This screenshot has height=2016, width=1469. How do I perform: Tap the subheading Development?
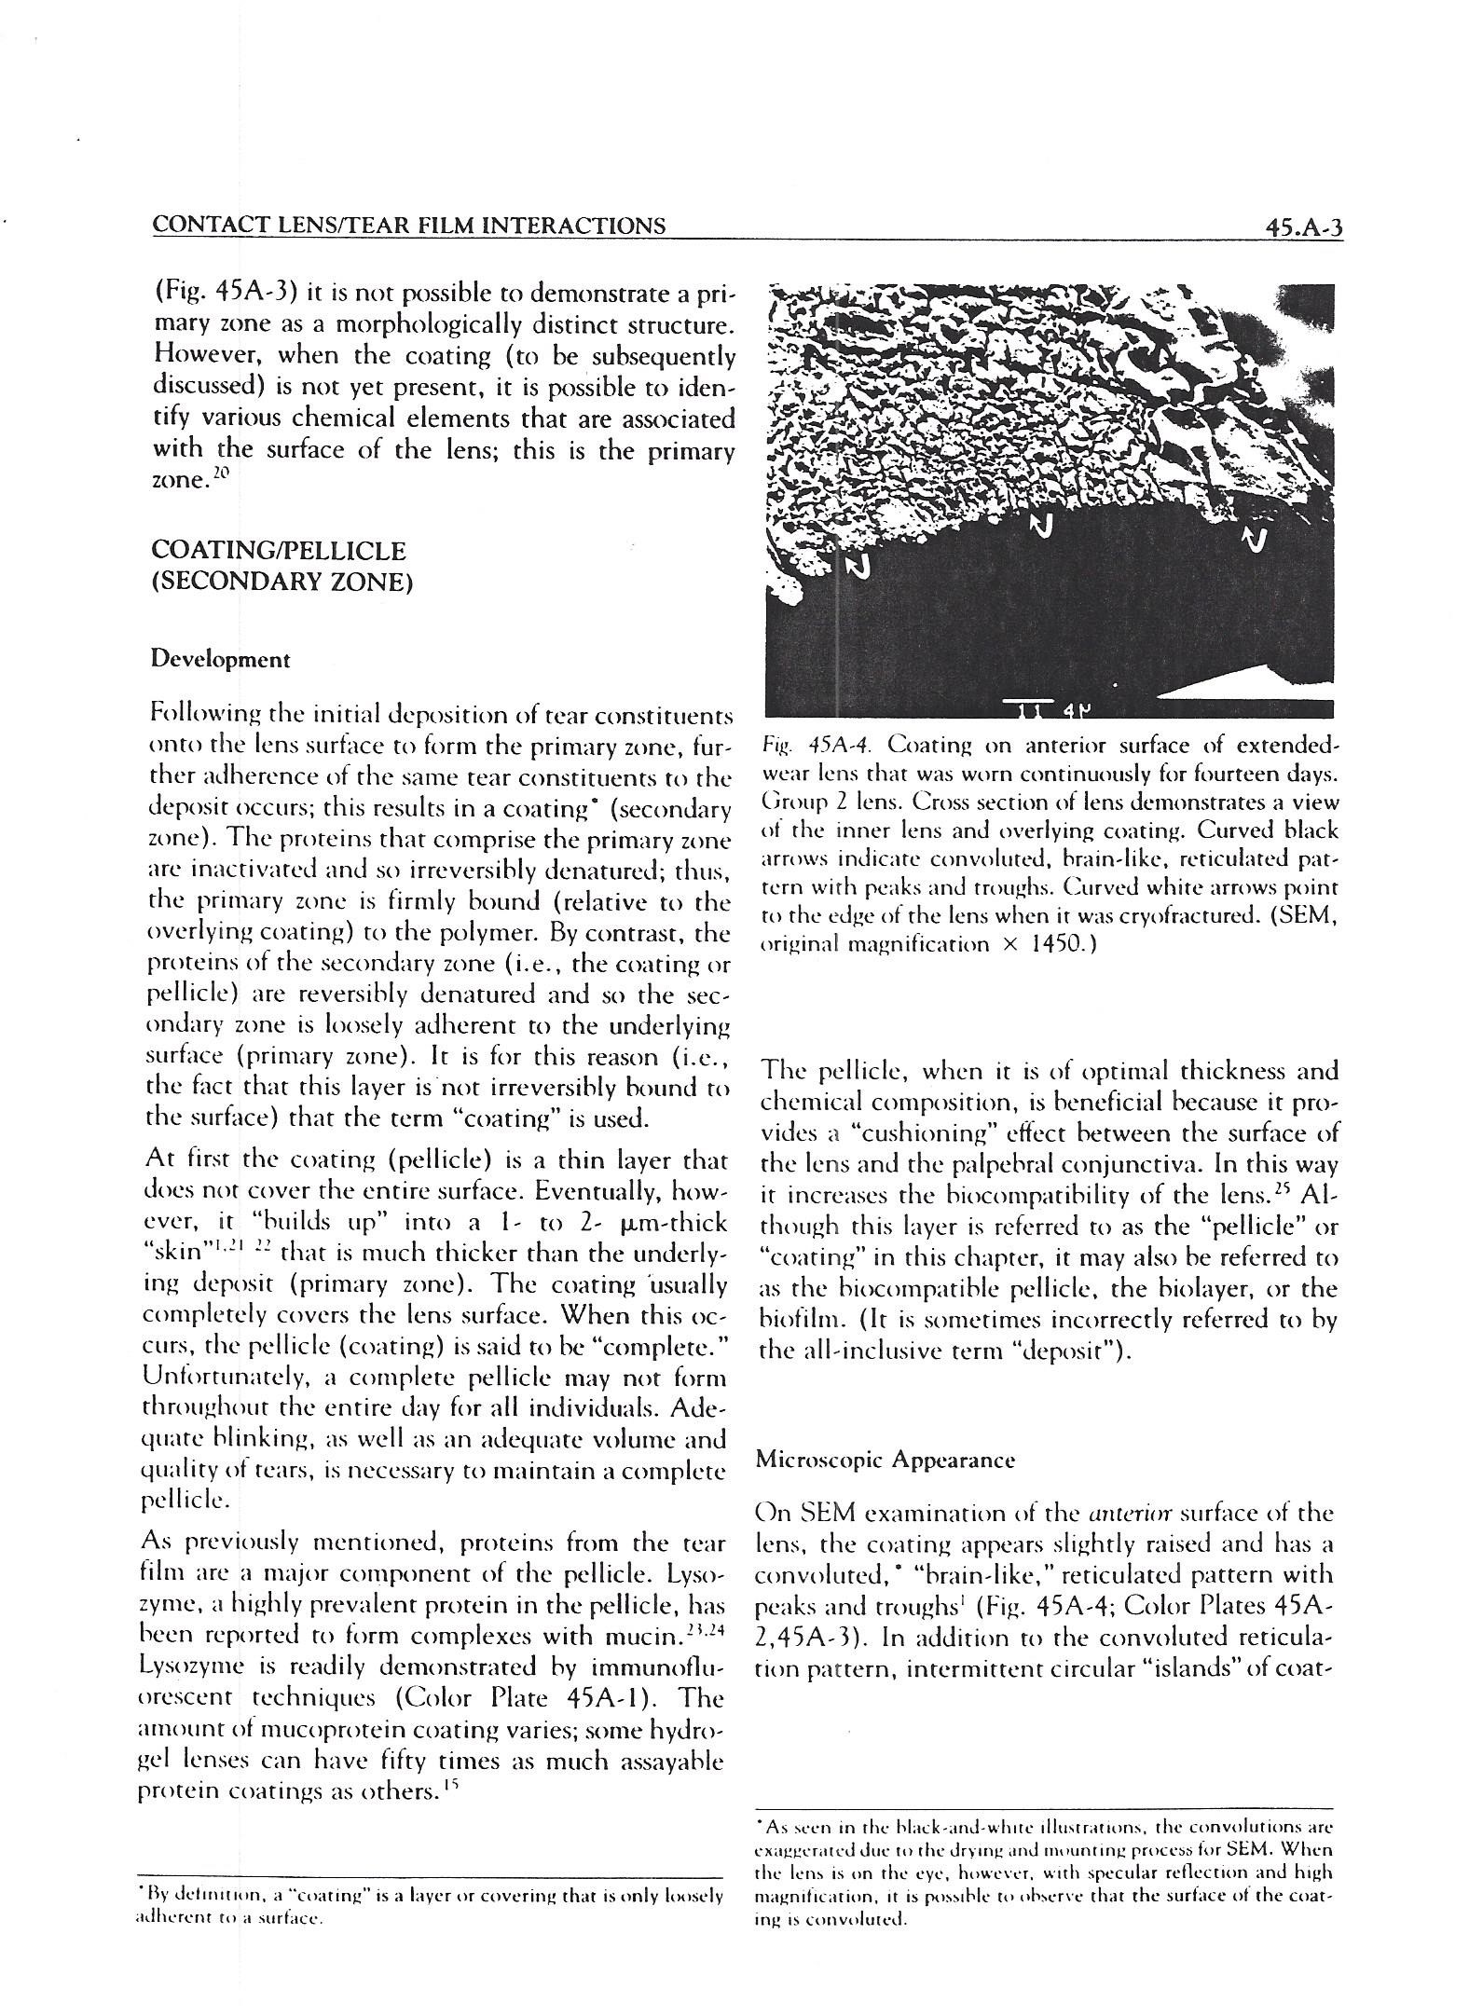tap(221, 660)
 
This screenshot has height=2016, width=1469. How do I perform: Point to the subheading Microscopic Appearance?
tap(886, 1460)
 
